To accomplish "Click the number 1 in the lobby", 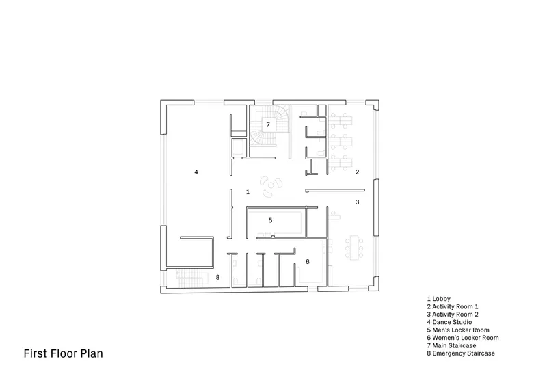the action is (248, 192).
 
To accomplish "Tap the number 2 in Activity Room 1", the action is (357, 172).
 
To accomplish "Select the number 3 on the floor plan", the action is (357, 202).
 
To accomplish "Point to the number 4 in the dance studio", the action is (196, 172).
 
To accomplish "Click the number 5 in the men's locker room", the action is (270, 220).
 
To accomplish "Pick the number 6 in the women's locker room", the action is (307, 261).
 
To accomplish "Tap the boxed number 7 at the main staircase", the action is (268, 124).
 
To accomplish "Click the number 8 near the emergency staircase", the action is (217, 277).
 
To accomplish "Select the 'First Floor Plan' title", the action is (63, 353).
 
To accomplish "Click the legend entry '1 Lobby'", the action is (438, 299).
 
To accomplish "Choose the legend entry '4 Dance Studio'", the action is (449, 322).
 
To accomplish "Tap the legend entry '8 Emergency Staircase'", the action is (461, 353).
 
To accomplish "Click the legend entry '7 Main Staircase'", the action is (451, 345).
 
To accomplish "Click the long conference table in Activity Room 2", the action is (354, 248).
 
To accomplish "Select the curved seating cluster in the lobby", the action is (271, 187).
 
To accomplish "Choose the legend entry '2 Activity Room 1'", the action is (453, 307).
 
